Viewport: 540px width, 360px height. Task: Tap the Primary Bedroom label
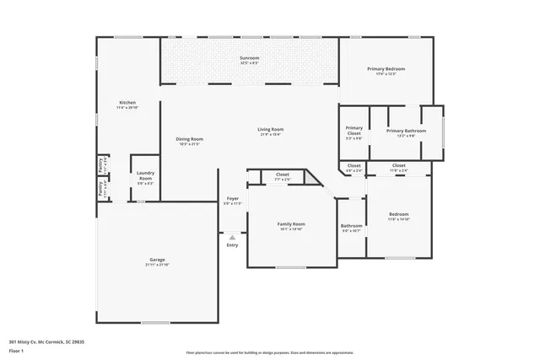[x=386, y=70]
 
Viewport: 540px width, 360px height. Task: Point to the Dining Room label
[x=190, y=141]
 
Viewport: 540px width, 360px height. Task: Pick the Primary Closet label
[x=354, y=131]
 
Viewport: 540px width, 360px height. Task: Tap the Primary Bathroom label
[x=407, y=132]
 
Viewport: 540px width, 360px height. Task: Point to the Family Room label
[x=290, y=226]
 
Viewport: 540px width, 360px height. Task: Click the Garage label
[x=157, y=261]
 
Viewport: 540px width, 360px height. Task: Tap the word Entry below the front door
[x=232, y=245]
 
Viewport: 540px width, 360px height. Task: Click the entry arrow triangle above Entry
[x=232, y=237]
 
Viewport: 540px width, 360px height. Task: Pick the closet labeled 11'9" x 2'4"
[x=398, y=168]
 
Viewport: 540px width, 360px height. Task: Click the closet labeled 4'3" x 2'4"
[x=354, y=168]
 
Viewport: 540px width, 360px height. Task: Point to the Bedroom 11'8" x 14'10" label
[x=398, y=217]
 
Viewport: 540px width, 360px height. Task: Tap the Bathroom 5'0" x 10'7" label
[x=352, y=228]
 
